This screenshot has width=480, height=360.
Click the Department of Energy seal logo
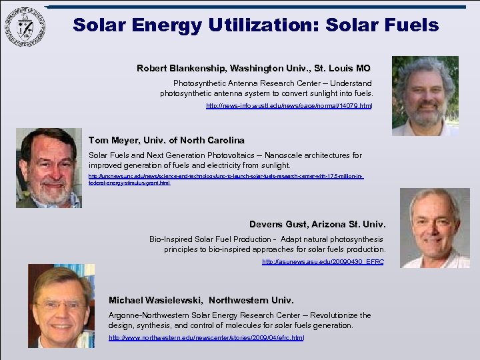pos(25,27)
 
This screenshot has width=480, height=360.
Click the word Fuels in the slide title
pos(411,25)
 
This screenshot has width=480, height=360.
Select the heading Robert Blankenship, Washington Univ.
pos(253,69)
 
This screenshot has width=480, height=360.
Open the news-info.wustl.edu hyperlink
pos(289,106)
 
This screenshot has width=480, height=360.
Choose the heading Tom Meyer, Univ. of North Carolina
pos(166,141)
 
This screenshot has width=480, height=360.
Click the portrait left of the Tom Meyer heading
pos(49,167)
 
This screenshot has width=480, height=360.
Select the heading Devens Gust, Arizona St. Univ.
pos(317,224)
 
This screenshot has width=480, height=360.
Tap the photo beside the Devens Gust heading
pos(434,228)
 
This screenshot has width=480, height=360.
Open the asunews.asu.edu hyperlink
pos(323,262)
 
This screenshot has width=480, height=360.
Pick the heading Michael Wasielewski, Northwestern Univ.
pos(201,301)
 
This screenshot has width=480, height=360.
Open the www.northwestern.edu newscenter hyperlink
pos(206,338)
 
